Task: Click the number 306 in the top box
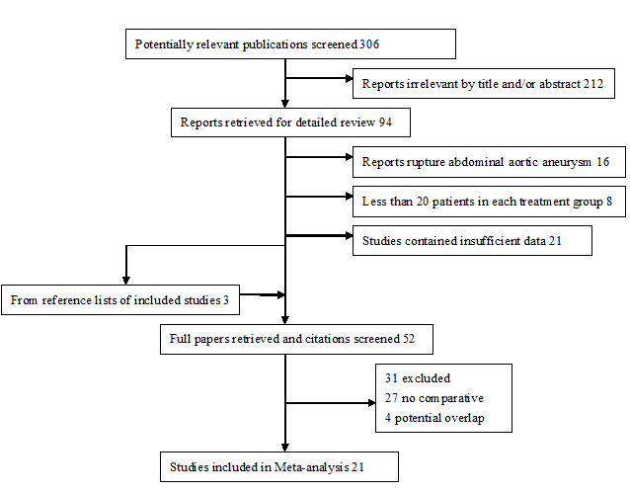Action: tap(369, 43)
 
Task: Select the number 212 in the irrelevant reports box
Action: tap(593, 84)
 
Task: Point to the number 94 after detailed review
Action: tap(385, 123)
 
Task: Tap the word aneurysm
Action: tap(567, 162)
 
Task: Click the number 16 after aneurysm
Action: tap(602, 162)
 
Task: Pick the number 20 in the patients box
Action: tap(423, 202)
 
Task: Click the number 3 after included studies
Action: tap(226, 300)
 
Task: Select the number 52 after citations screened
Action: tap(408, 339)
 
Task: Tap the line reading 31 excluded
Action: tap(418, 378)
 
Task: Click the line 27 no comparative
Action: tap(433, 398)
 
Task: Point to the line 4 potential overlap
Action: tap(434, 418)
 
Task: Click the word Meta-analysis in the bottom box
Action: tap(311, 467)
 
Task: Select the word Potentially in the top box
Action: tap(164, 44)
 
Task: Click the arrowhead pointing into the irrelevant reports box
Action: tap(350, 78)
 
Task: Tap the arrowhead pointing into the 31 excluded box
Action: tap(371, 402)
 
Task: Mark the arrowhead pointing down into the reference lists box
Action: tap(126, 281)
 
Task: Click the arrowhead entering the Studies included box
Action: tap(285, 448)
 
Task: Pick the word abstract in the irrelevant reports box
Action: tap(560, 84)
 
